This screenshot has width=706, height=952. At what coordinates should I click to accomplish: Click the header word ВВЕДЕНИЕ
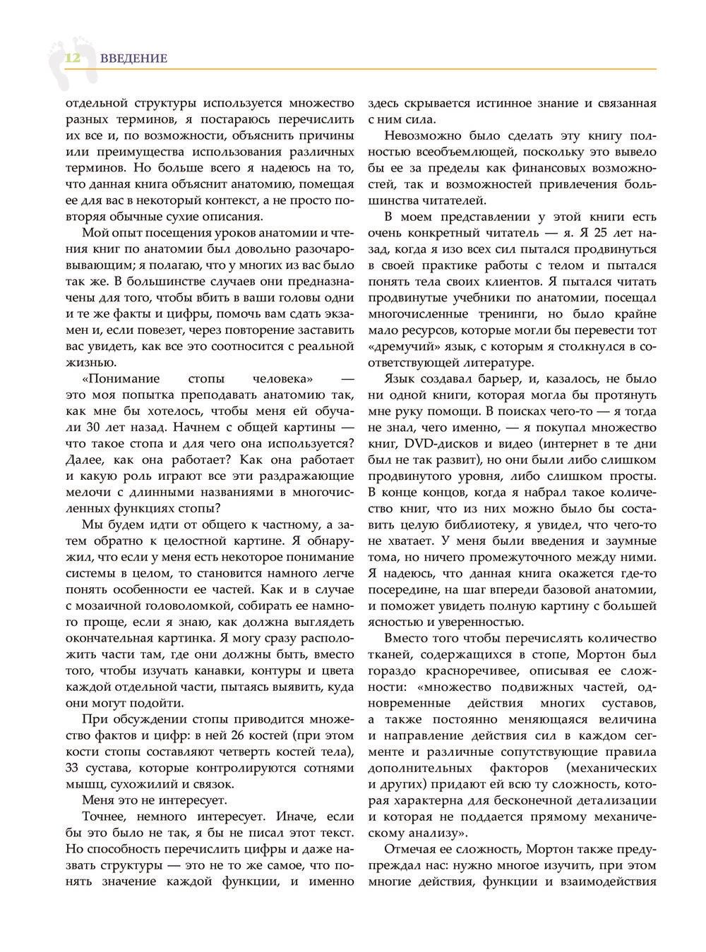[133, 59]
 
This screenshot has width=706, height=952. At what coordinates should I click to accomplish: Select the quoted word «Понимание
[113, 379]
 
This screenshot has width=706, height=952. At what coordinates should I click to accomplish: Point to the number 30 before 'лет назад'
[94, 428]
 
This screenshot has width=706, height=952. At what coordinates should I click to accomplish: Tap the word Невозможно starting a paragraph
[420, 135]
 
